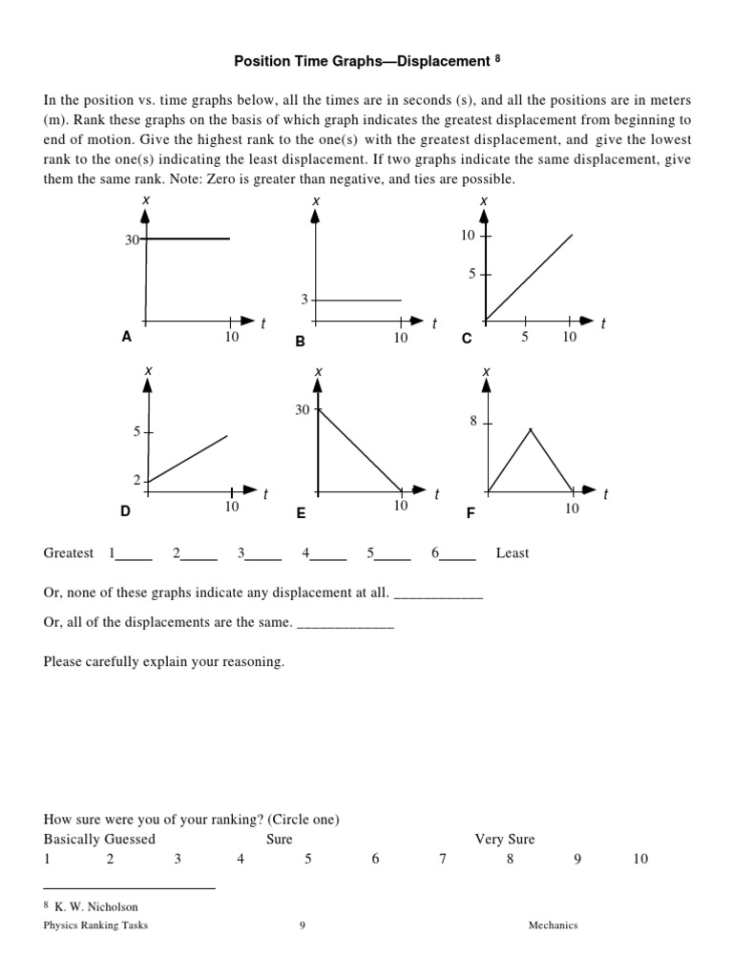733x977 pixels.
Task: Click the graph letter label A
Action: (x=125, y=337)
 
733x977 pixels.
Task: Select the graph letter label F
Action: (x=470, y=513)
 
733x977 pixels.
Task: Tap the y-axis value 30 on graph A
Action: (x=132, y=239)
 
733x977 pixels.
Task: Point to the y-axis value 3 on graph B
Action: (x=305, y=300)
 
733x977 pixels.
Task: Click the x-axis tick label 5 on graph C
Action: (x=524, y=337)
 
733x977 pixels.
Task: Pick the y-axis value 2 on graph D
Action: (x=137, y=480)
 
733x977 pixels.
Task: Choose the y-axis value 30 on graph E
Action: (x=303, y=409)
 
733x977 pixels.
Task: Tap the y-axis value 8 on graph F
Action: (x=472, y=421)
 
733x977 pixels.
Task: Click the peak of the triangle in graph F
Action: (x=531, y=430)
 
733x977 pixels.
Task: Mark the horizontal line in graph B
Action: (x=358, y=301)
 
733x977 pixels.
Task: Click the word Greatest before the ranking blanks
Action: (x=69, y=553)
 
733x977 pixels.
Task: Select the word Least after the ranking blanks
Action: (x=513, y=553)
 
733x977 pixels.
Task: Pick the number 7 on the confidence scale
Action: (x=443, y=859)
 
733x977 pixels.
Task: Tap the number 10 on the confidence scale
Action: (x=639, y=859)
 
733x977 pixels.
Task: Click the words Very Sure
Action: (x=505, y=840)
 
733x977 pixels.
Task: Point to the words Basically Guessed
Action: (x=99, y=840)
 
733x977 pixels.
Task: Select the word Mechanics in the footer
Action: (x=554, y=925)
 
